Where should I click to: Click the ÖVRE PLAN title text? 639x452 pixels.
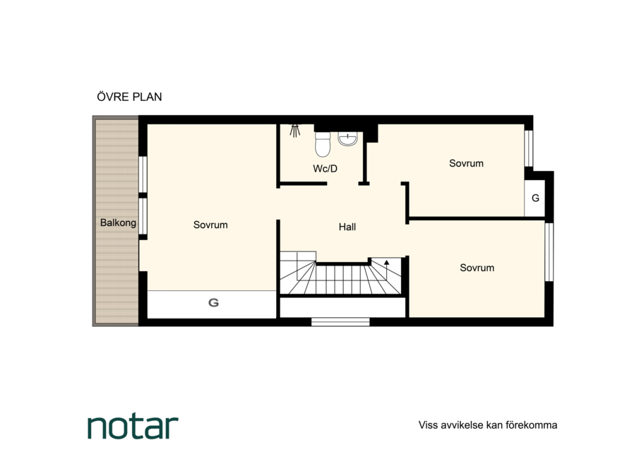[x=129, y=97]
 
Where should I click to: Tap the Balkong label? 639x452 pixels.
[x=118, y=223]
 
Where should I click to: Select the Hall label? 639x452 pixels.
[x=347, y=227]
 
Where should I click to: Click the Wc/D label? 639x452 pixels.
[x=326, y=169]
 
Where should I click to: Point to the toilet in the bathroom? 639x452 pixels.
[x=323, y=144]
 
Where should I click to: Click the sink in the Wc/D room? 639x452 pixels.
[x=347, y=139]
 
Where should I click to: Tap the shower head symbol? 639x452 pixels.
[x=294, y=131]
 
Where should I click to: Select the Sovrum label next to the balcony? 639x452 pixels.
[x=210, y=225]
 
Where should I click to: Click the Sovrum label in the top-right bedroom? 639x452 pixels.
[x=466, y=163]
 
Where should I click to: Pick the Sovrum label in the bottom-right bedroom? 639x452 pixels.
[x=477, y=268]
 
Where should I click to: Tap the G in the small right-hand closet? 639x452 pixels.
[x=535, y=198]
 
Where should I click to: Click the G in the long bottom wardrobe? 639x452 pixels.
[x=213, y=303]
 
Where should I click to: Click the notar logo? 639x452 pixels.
[x=133, y=427]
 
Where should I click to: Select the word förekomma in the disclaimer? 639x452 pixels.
[x=532, y=425]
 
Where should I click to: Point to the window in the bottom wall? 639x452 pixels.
[x=340, y=322]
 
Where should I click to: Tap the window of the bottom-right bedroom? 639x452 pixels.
[x=549, y=252]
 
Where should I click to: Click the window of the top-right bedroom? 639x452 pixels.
[x=529, y=148]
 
